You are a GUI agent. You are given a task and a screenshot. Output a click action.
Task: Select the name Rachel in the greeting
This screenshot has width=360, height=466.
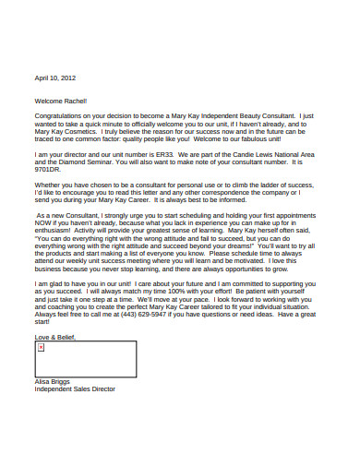(x=74, y=101)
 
